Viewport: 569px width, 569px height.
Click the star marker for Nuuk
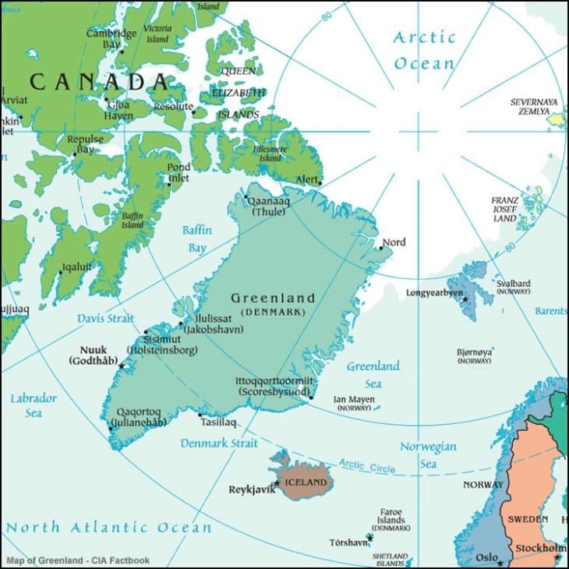tap(122, 366)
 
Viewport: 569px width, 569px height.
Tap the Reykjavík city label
tap(251, 490)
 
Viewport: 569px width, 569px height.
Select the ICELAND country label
tap(306, 482)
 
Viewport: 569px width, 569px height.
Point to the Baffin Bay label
tap(197, 239)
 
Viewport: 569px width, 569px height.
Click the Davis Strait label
tap(106, 319)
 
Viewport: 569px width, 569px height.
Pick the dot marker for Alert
tap(320, 184)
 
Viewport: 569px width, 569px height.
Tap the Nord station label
tap(394, 242)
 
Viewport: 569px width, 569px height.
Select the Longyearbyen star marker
tap(465, 299)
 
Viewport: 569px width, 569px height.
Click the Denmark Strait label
tap(219, 443)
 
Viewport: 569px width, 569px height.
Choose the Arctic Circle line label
tap(367, 466)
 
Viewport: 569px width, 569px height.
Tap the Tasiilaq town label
tap(217, 422)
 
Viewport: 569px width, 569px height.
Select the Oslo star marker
tap(500, 563)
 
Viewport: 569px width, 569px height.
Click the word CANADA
tap(99, 82)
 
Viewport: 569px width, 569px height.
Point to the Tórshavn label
tap(348, 542)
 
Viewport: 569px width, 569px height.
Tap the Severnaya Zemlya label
tap(534, 107)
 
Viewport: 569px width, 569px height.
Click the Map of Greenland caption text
tap(78, 560)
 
